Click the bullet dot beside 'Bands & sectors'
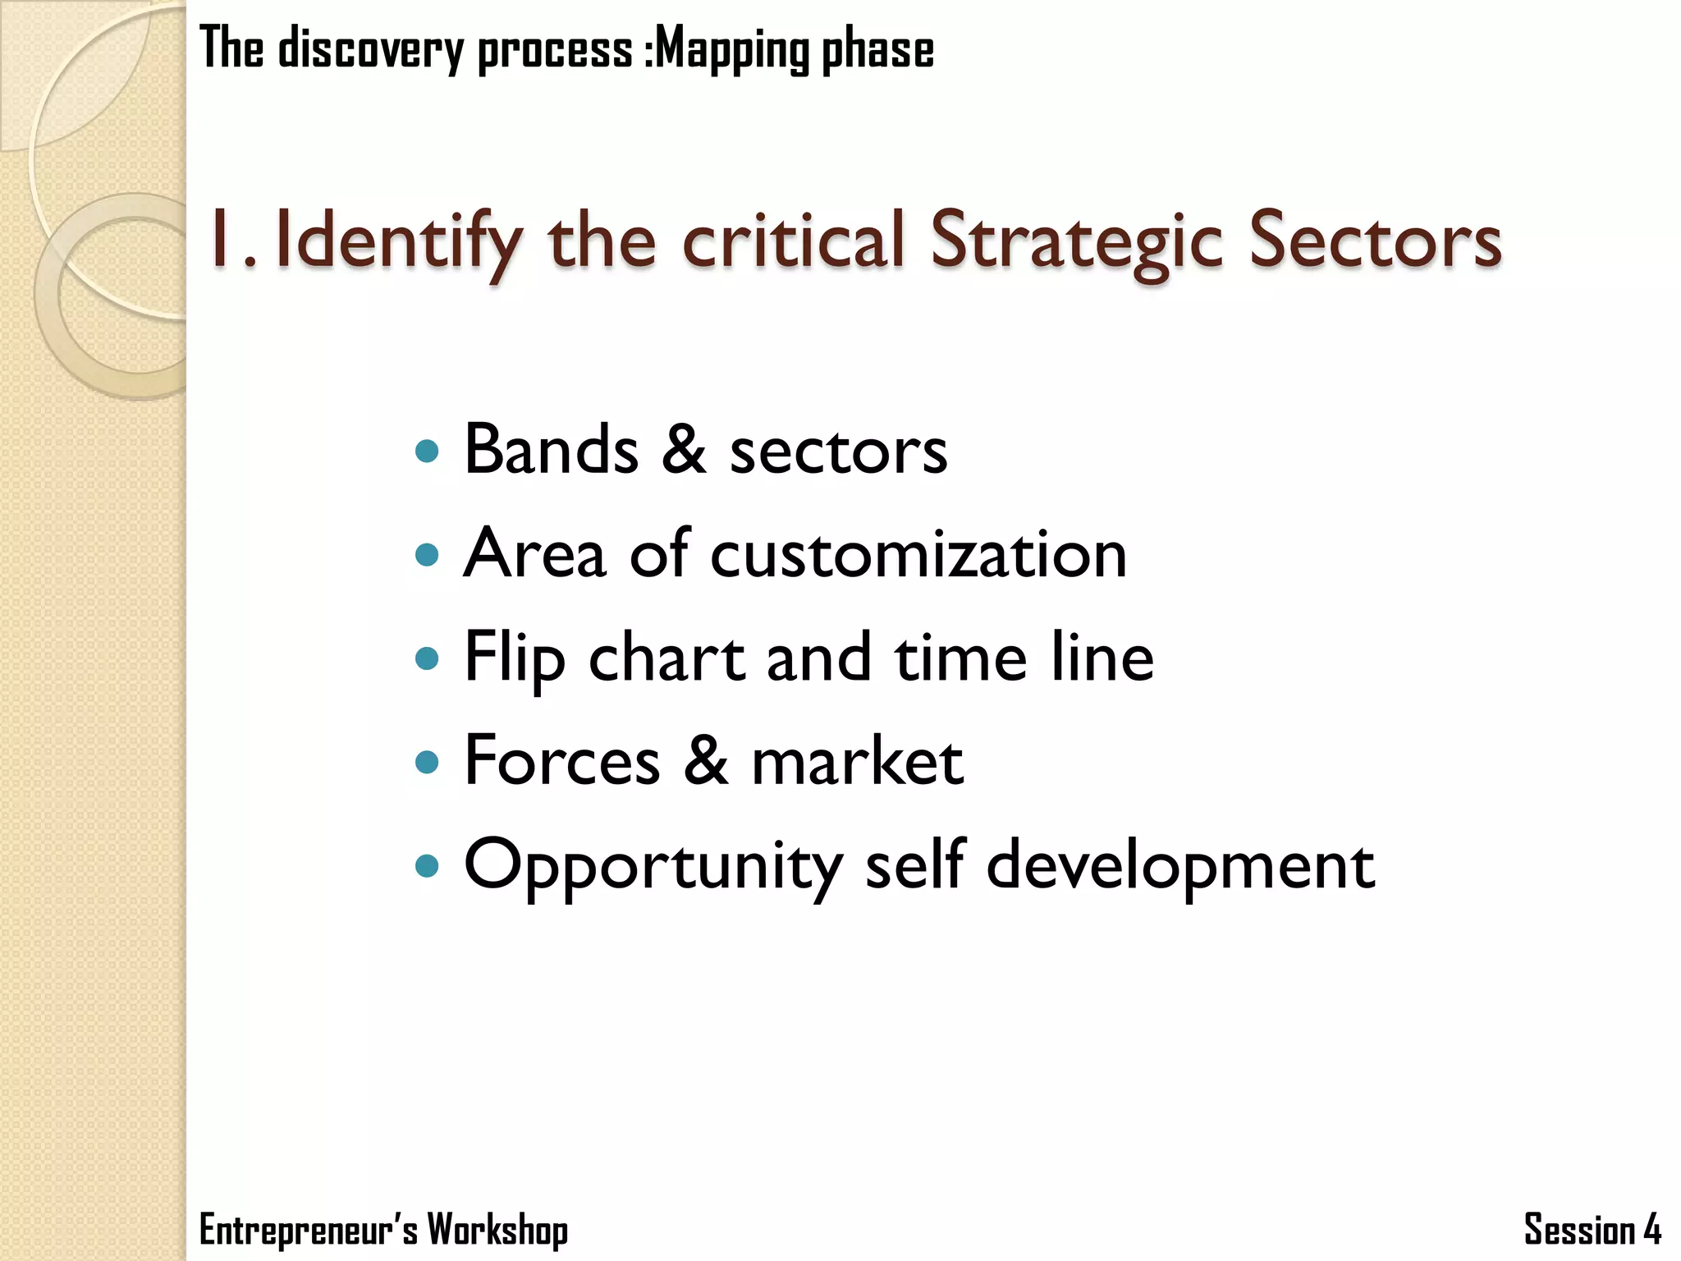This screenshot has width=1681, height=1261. click(x=427, y=451)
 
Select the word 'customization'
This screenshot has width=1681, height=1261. click(x=918, y=554)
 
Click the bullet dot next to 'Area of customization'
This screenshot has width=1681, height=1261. click(x=427, y=555)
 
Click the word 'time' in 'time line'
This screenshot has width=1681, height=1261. click(x=961, y=658)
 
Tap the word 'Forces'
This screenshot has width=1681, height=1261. click(x=562, y=761)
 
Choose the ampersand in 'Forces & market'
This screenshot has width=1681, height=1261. click(x=705, y=761)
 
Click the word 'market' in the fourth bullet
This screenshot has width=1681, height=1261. click(x=857, y=761)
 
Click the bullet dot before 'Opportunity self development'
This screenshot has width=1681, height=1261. click(x=427, y=865)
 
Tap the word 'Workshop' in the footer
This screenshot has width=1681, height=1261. click(x=497, y=1230)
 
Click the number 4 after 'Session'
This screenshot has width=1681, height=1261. click(x=1652, y=1230)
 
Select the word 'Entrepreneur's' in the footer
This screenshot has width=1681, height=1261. click(x=308, y=1230)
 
